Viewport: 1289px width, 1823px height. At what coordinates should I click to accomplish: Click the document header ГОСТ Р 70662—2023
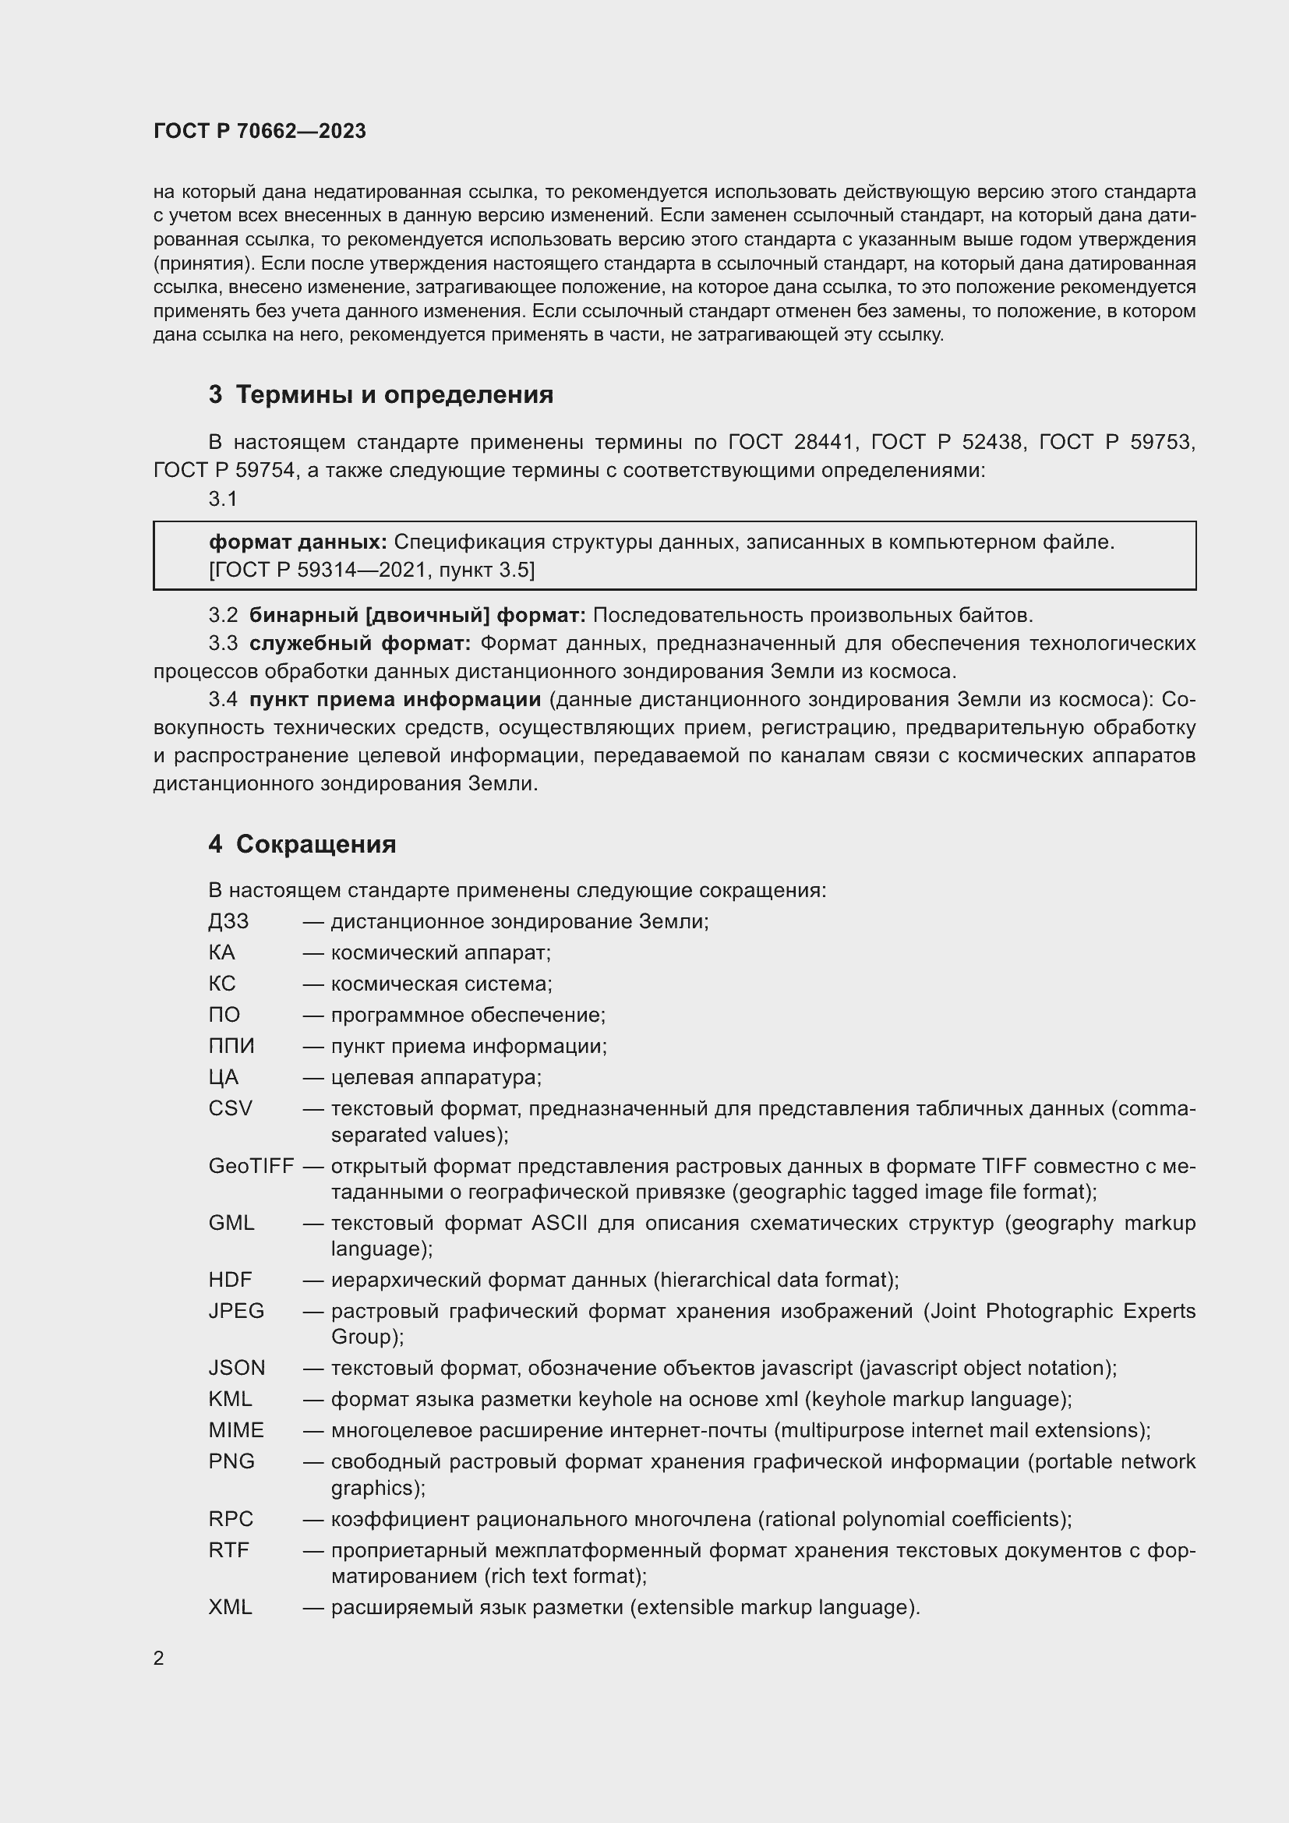click(x=260, y=131)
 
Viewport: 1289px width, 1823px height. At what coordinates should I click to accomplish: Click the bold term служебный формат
click(x=359, y=643)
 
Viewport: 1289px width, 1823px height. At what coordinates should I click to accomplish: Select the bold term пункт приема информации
click(x=394, y=699)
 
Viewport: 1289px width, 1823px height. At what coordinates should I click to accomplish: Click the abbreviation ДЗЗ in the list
click(x=228, y=922)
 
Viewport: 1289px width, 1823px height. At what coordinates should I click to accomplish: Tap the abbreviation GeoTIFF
click(x=251, y=1167)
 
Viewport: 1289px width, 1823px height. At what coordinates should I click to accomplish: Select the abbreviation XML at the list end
click(x=230, y=1608)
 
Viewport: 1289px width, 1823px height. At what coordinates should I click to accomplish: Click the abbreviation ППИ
click(x=231, y=1047)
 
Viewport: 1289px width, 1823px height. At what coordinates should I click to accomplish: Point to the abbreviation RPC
click(x=231, y=1520)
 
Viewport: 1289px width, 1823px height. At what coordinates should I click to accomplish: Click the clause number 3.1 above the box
click(x=222, y=499)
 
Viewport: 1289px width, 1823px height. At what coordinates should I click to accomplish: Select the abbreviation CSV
click(x=230, y=1108)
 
